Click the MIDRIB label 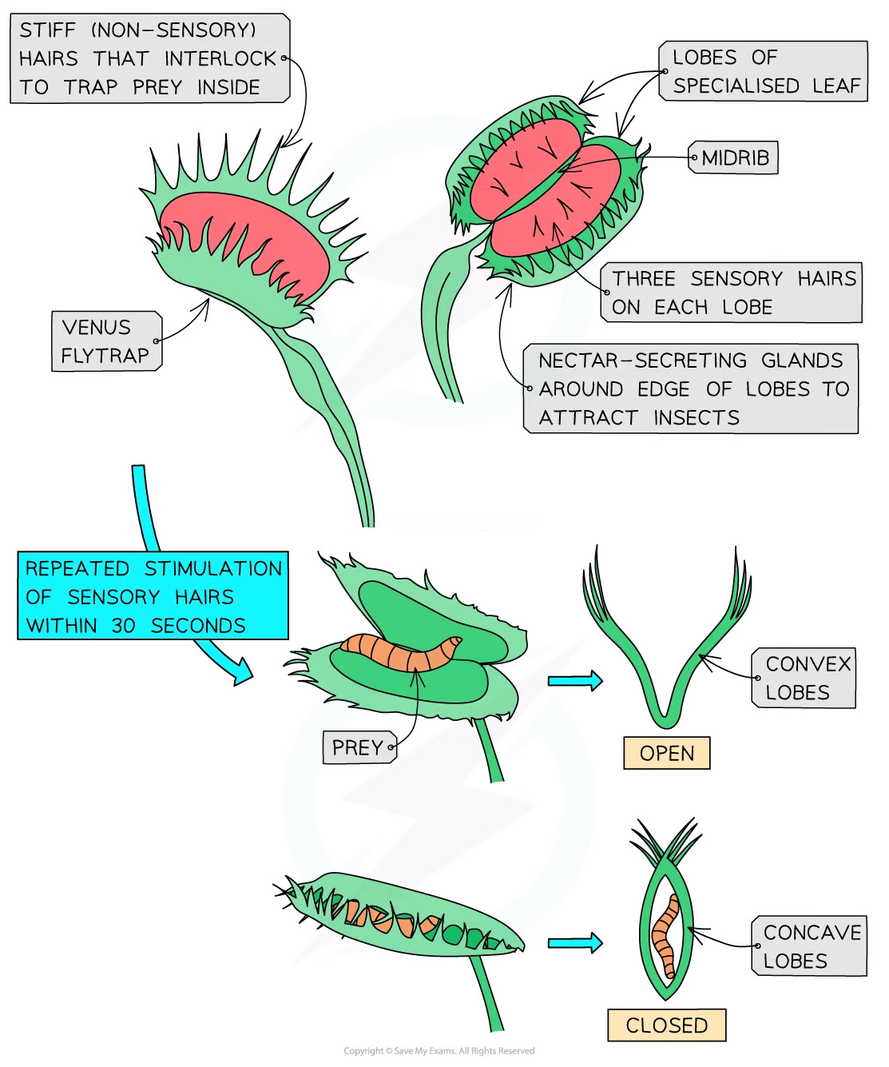[735, 158]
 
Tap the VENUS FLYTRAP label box [106, 341]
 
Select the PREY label [358, 747]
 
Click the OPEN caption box [666, 753]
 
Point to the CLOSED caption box [666, 1025]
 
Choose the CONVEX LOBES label [802, 679]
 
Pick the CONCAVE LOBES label [808, 946]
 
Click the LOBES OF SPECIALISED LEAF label [764, 71]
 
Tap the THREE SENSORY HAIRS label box [731, 293]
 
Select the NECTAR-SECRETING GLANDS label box [691, 389]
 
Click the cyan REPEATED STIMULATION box [153, 596]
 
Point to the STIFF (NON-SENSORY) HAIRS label [149, 58]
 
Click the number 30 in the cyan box [123, 626]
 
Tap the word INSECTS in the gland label [696, 418]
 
